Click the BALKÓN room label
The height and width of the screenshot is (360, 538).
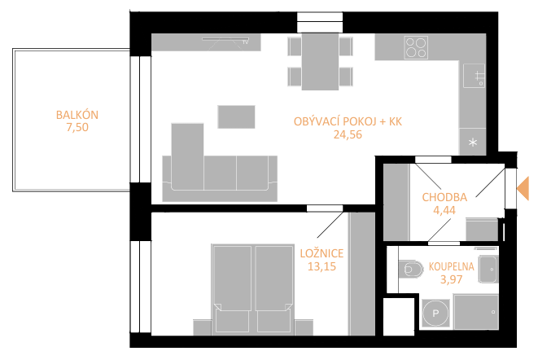point(77,115)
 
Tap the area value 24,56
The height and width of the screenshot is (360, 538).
point(348,134)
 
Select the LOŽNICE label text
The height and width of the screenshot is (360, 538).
point(321,253)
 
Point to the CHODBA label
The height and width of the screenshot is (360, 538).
point(444,197)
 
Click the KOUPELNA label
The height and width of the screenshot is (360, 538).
point(451,266)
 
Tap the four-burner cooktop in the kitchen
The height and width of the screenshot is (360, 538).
point(416,47)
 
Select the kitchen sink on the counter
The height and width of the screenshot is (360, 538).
point(474,76)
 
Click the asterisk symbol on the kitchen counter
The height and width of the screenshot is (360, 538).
point(473,142)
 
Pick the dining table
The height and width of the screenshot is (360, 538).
point(320,61)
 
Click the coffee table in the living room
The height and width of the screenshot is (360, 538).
point(236,116)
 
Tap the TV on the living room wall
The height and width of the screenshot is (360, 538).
point(225,40)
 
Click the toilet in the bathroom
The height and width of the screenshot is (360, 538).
point(409,269)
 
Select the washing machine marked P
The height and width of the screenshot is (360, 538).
point(435,313)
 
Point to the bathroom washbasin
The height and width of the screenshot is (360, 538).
point(488,269)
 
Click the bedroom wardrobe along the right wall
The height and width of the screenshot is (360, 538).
point(361,274)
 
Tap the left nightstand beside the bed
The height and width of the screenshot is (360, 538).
point(203,327)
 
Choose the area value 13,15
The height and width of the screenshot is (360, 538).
point(321,266)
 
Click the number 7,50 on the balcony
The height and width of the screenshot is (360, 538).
point(77,127)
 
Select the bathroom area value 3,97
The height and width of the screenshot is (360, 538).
point(451,279)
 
